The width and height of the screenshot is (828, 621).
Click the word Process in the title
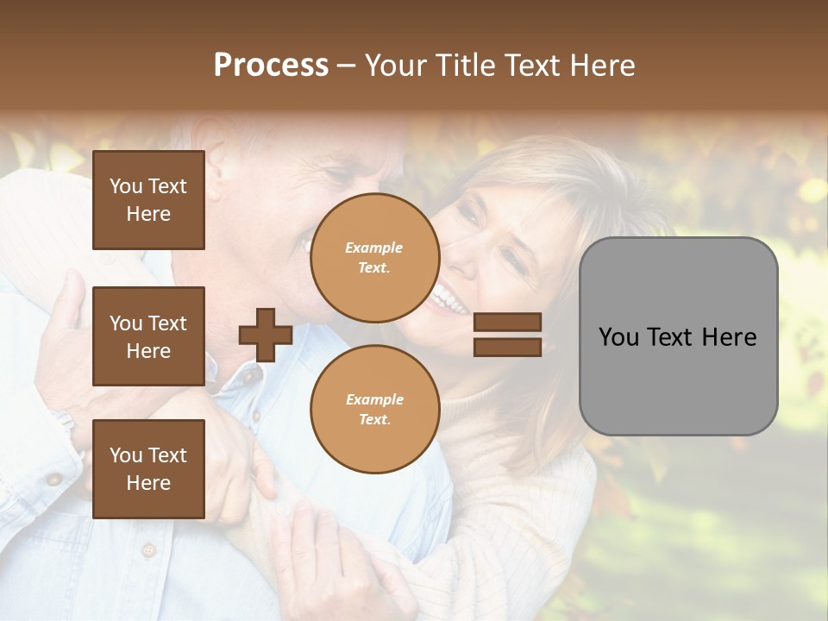[x=271, y=65]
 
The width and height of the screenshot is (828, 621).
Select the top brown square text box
[x=148, y=200]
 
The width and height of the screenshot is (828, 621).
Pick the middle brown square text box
[x=148, y=336]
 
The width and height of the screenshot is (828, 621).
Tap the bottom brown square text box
[x=148, y=469]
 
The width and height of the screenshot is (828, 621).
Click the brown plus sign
[x=266, y=335]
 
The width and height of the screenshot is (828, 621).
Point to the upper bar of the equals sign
[x=507, y=323]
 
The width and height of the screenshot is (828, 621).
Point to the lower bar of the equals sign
[x=507, y=347]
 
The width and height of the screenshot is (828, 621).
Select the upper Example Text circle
[x=374, y=258]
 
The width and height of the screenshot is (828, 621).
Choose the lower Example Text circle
[x=374, y=410]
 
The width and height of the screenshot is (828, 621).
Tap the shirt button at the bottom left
[x=147, y=549]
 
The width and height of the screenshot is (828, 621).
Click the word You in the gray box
[x=618, y=337]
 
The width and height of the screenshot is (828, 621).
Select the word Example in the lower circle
[x=374, y=399]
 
